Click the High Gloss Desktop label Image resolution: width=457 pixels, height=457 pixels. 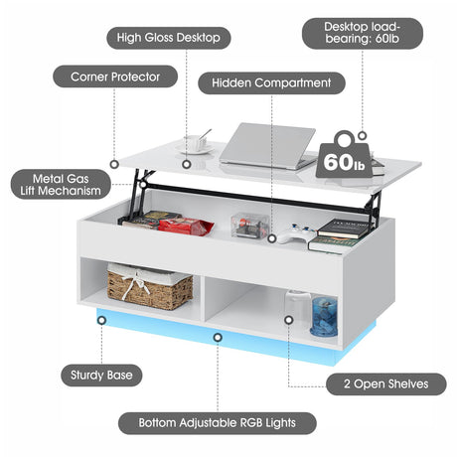point(169,38)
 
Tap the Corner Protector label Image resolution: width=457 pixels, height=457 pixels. point(115,76)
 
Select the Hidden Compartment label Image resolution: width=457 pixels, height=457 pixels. point(271,82)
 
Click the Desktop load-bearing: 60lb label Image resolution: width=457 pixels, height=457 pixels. point(363,33)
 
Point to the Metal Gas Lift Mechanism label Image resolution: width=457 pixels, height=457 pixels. point(61,185)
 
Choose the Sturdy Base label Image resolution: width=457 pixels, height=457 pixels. point(101,376)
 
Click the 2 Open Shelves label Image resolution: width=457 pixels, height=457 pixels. point(386,384)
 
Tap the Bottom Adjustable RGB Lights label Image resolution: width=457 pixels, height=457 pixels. point(218,423)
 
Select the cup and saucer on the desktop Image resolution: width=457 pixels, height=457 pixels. point(197,143)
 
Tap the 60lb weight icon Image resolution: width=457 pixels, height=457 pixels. point(345,155)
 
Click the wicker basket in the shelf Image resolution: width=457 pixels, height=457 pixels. point(150,286)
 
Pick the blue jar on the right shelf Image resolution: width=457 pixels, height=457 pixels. point(324,316)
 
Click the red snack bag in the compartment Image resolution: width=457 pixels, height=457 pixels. point(186,227)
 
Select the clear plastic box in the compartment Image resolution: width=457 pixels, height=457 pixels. point(250,226)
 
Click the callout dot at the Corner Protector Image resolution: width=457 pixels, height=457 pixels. point(114,164)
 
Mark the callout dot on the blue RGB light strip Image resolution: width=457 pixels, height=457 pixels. point(218,338)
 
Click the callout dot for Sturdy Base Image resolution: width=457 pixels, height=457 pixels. point(101,320)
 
